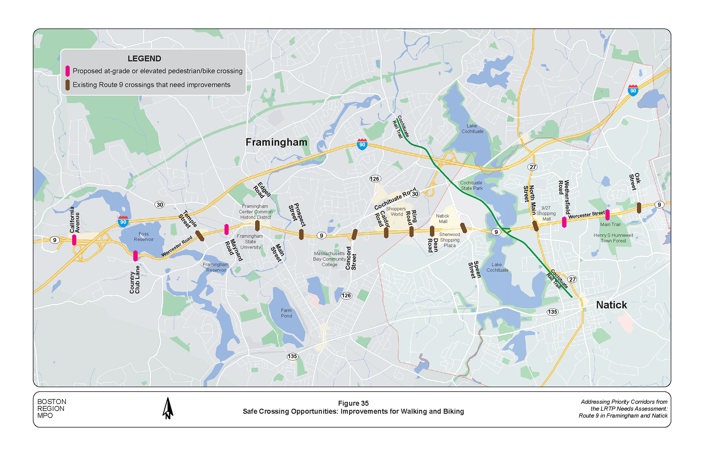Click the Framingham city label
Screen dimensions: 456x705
[x=276, y=142]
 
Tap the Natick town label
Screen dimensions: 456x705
[x=611, y=305]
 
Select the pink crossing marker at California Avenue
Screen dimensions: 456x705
[x=74, y=240]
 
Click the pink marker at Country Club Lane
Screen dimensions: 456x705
[x=135, y=256]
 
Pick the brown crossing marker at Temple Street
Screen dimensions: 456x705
[x=200, y=236]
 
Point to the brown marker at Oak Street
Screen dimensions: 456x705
[x=639, y=208]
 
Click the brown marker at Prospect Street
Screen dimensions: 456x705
[x=301, y=234]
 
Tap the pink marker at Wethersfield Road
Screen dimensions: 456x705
[x=564, y=222]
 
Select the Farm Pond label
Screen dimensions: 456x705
[x=286, y=313]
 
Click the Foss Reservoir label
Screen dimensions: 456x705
[x=144, y=236]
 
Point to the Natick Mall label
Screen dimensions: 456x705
[x=443, y=219]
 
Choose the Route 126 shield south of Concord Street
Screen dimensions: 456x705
[x=346, y=295]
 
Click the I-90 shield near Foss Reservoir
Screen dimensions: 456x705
[x=123, y=221]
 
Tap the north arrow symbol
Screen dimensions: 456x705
[x=168, y=408]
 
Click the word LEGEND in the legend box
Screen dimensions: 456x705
[x=144, y=59]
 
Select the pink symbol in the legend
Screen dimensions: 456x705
[x=67, y=71]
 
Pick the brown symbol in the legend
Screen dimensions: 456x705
[x=67, y=85]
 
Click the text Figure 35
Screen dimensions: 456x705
[x=353, y=403]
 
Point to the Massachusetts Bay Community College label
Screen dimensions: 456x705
[x=329, y=259]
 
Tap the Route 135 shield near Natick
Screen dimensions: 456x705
[x=552, y=312]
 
